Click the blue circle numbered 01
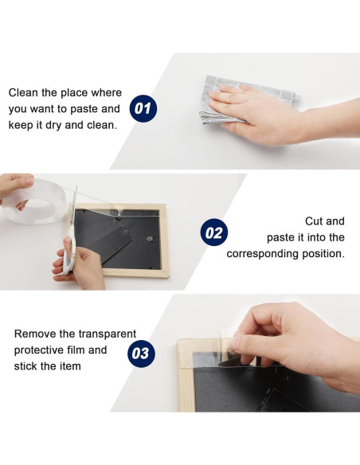(143, 108)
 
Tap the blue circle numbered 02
(214, 232)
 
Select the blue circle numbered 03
(141, 354)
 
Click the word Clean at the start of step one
(23, 93)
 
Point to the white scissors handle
(68, 255)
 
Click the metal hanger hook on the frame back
(151, 239)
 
